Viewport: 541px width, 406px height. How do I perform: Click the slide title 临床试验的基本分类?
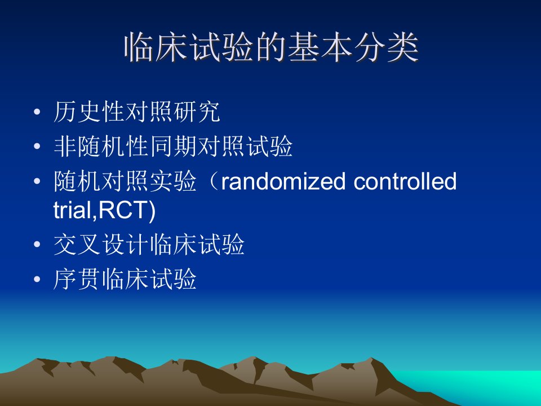click(271, 47)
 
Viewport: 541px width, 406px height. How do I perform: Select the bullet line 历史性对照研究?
click(136, 112)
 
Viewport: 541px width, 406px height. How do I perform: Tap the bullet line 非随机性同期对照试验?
click(173, 147)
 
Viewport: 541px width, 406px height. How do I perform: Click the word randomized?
click(283, 181)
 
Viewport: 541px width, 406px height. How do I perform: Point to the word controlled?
click(405, 181)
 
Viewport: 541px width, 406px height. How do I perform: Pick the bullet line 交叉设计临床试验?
click(149, 244)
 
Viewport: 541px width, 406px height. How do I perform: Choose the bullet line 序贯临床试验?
click(125, 279)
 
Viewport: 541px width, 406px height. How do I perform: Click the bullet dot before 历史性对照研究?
click(37, 112)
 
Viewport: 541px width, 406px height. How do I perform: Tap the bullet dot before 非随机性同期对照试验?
click(37, 147)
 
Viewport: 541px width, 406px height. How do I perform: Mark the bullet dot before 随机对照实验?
click(37, 181)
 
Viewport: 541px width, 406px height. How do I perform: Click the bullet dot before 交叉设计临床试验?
click(37, 244)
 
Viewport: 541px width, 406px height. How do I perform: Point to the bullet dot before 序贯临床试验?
click(37, 279)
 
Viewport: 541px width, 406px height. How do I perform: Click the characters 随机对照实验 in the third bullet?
click(125, 181)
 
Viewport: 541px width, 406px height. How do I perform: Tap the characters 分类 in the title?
click(386, 47)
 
